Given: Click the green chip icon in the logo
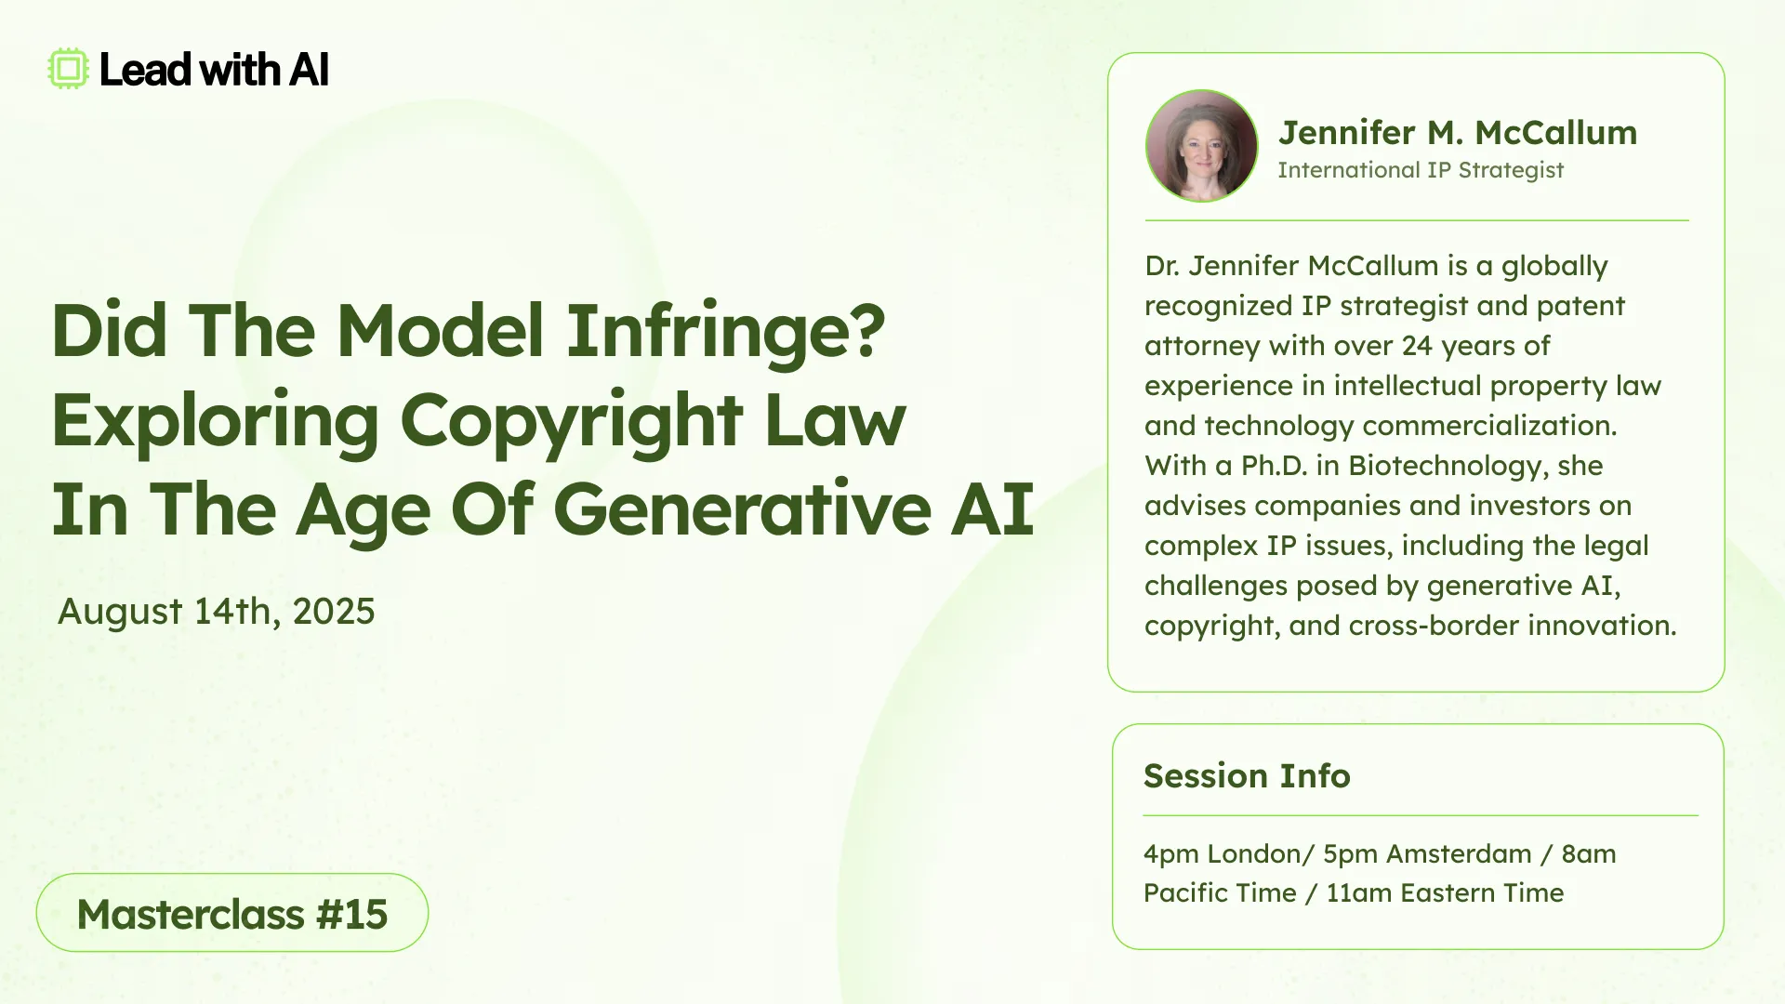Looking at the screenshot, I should [68, 69].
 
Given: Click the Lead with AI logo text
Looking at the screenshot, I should [213, 70].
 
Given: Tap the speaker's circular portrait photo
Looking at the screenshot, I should [1201, 146].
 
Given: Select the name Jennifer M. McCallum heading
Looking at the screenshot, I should [1457, 133].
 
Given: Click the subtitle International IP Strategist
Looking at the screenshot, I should [1420, 170].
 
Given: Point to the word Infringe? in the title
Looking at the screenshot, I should [725, 331].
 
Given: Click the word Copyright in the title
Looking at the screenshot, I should [571, 420].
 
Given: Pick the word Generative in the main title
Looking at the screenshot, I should [741, 509].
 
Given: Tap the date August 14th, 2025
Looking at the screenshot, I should [216, 612].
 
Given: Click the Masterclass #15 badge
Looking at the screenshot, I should [231, 914].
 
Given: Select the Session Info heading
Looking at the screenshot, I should [1246, 775].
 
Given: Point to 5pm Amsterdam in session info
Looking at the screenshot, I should [1426, 853].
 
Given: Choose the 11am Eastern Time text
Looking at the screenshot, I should [1445, 892].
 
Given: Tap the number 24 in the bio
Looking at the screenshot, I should [1416, 346].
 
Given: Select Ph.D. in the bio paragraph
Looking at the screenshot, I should [1274, 465].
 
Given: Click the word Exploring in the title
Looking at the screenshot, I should [215, 420].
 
